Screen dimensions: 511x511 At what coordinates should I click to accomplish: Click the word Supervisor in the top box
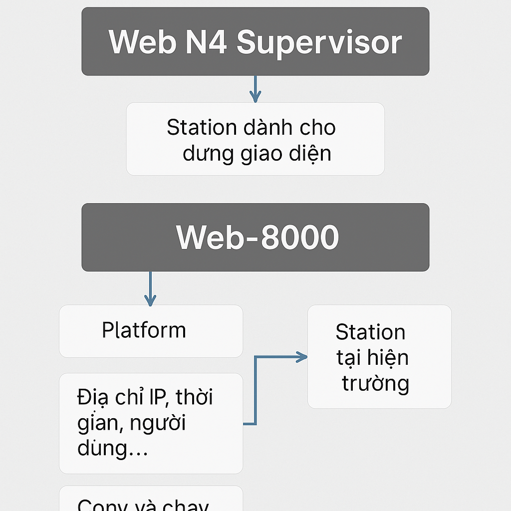(x=319, y=43)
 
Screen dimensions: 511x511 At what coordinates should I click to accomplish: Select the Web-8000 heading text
(x=257, y=238)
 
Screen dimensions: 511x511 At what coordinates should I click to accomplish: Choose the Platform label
(x=144, y=330)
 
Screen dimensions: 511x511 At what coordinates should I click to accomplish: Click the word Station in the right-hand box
(x=370, y=332)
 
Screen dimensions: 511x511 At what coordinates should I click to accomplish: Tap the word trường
(x=375, y=383)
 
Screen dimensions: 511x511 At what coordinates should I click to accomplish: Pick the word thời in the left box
(x=195, y=398)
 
